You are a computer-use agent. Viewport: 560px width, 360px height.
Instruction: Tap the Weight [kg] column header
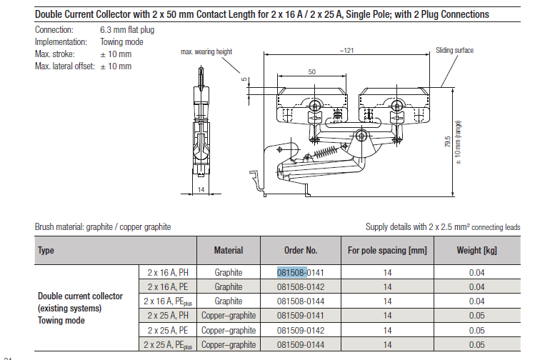(x=476, y=251)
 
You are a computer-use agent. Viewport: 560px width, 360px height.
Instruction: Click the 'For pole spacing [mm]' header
(x=386, y=251)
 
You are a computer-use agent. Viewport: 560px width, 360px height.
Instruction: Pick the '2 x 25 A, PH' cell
(x=168, y=316)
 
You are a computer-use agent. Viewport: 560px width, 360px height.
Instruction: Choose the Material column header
(x=229, y=251)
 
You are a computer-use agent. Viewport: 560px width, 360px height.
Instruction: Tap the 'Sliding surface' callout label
(x=455, y=51)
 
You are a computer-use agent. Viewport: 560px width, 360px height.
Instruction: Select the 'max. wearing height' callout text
(x=206, y=52)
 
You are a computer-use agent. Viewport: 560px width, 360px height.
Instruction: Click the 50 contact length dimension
(x=312, y=72)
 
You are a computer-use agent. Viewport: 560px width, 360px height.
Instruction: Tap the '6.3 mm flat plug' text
(x=127, y=30)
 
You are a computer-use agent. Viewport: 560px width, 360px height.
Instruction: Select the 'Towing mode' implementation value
(x=121, y=42)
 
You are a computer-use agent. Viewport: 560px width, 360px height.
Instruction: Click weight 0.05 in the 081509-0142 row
(x=476, y=330)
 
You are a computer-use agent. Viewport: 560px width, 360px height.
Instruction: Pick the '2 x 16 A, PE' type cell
(x=168, y=286)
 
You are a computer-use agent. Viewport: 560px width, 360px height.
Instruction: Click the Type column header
(x=46, y=251)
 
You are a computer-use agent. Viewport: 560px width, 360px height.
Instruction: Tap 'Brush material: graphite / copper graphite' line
(x=103, y=227)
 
